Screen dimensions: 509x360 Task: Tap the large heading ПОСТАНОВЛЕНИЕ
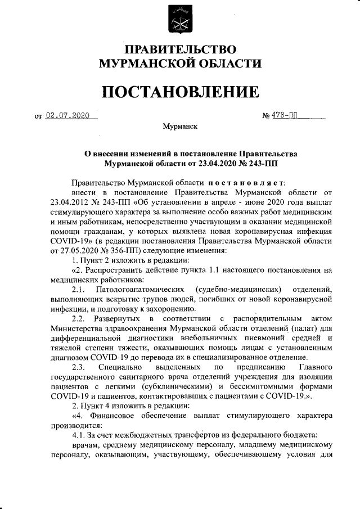(x=180, y=91)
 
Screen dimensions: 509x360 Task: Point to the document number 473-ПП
(x=285, y=116)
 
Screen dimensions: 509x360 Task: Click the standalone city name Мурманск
(x=179, y=128)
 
